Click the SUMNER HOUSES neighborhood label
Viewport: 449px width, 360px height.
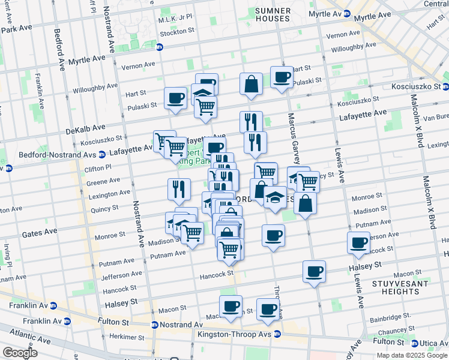pyautogui.click(x=273, y=14)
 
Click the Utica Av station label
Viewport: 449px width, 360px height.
pyautogui.click(x=427, y=341)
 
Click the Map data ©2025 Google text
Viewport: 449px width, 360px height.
pyautogui.click(x=412, y=355)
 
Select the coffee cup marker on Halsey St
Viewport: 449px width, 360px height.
pyautogui.click(x=314, y=272)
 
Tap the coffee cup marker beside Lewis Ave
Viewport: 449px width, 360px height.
pyautogui.click(x=358, y=242)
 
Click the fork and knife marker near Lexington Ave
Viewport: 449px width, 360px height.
pyautogui.click(x=179, y=190)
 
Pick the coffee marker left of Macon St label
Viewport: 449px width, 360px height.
pyautogui.click(x=231, y=307)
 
